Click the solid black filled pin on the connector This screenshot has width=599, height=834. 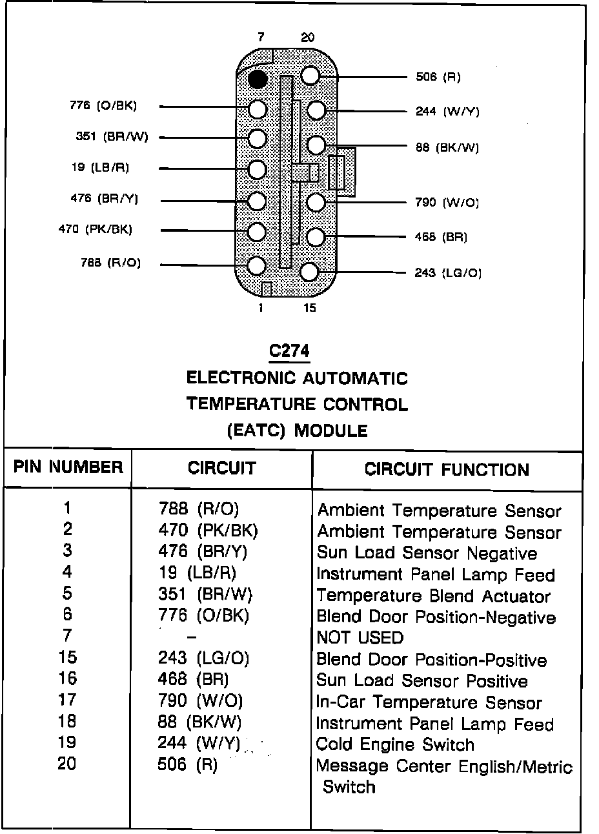[258, 79]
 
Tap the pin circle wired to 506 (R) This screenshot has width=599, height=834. [310, 76]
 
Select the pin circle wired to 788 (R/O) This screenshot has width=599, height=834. [257, 265]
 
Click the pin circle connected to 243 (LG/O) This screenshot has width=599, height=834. [310, 271]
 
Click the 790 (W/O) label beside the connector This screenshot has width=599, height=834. [447, 203]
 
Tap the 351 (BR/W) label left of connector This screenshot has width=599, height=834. [112, 136]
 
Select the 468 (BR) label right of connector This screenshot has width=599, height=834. [441, 237]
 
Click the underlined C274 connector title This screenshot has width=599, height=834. [289, 351]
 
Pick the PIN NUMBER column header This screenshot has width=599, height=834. [68, 467]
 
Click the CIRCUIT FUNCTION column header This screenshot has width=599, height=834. [447, 469]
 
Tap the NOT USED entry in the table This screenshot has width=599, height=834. [360, 638]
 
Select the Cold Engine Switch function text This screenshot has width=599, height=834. [395, 744]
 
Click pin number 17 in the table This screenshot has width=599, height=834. [67, 700]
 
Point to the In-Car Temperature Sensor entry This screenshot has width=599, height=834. [429, 702]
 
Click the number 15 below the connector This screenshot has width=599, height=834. [310, 308]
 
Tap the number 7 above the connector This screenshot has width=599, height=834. [260, 37]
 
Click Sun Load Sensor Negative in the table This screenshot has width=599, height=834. [427, 553]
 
